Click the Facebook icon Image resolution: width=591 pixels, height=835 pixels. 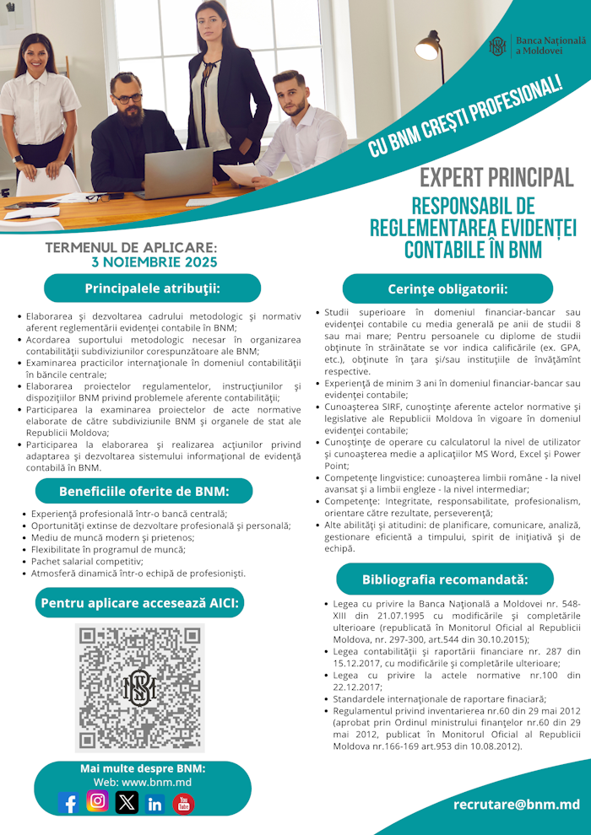(69, 802)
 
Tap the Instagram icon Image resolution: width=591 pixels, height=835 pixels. (98, 800)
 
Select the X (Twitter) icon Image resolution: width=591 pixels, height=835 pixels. (127, 802)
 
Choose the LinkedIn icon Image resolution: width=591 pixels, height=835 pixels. (155, 803)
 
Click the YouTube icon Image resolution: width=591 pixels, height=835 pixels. (183, 803)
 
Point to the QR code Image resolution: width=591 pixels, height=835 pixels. (140, 687)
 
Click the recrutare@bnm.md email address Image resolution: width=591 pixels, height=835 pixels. (516, 805)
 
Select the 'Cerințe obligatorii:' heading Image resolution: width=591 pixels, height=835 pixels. (447, 288)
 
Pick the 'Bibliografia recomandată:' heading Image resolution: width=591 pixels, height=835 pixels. (445, 579)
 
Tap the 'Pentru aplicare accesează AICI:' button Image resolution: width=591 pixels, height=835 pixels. (140, 602)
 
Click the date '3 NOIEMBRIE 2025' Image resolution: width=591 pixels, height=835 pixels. (155, 262)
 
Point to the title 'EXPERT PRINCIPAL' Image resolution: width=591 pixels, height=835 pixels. (496, 178)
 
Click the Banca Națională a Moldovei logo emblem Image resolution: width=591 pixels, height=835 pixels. (498, 46)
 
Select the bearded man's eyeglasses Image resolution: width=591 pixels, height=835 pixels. (128, 98)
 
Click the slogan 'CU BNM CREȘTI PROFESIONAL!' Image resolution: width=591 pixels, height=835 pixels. (465, 117)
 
